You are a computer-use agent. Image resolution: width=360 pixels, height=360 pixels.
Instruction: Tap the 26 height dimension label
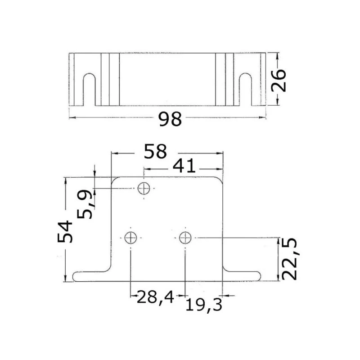tap(279, 80)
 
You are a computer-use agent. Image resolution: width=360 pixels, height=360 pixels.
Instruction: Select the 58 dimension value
tap(155, 152)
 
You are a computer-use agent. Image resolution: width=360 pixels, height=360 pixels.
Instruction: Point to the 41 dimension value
tap(184, 166)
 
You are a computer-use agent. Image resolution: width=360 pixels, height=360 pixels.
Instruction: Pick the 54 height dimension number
tap(66, 231)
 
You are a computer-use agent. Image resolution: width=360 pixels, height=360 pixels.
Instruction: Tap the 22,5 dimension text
tap(288, 258)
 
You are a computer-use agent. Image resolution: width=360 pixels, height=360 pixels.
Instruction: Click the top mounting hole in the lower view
tap(144, 189)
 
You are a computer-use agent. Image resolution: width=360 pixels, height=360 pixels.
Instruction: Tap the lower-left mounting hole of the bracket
tap(130, 238)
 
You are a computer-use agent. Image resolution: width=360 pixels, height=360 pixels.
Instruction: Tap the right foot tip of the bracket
tap(258, 276)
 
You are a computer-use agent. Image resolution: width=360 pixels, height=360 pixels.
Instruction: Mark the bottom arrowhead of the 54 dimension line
tap(66, 279)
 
